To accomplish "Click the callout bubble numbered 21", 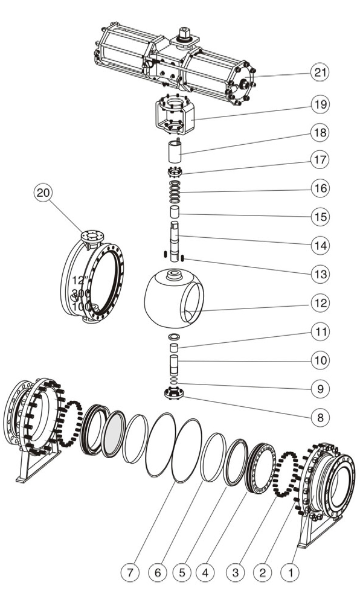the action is [x=320, y=72].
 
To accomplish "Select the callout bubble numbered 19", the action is [x=320, y=104].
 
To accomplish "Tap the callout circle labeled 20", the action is [x=43, y=193].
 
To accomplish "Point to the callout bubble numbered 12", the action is [x=320, y=302].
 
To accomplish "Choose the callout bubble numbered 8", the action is [x=320, y=417].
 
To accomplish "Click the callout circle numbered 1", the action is [x=291, y=573].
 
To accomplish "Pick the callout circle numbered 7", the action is [x=130, y=573].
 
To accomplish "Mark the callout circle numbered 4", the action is [x=205, y=573].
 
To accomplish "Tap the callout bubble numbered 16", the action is [x=320, y=188].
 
